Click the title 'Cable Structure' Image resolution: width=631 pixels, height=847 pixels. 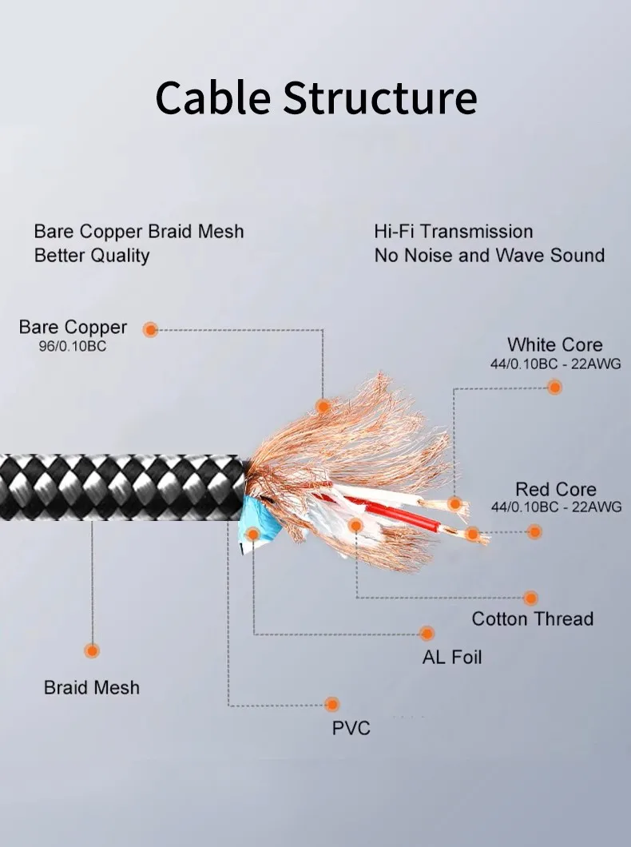[x=315, y=98]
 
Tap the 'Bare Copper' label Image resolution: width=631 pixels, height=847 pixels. [x=73, y=327]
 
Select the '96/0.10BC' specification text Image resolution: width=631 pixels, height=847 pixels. [x=73, y=347]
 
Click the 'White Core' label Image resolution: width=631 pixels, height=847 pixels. [x=554, y=345]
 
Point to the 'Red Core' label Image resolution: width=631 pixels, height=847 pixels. [x=555, y=489]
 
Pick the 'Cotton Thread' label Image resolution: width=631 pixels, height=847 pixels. [x=532, y=618]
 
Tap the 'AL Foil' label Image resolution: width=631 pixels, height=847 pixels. [x=451, y=658]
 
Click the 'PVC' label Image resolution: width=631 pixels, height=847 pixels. [x=351, y=728]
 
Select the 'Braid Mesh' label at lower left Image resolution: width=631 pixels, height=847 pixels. [x=91, y=687]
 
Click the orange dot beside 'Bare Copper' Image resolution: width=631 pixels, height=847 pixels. [x=150, y=329]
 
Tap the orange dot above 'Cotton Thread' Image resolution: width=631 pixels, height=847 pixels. [x=530, y=598]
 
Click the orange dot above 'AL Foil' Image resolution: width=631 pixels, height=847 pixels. [x=427, y=634]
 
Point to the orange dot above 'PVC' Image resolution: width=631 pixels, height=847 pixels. [x=331, y=704]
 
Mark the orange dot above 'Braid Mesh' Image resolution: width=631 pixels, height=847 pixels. [x=92, y=650]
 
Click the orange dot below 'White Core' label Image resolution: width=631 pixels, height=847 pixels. [x=554, y=387]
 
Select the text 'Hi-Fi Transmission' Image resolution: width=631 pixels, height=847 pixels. [x=453, y=232]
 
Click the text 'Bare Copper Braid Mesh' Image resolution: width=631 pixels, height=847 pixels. [x=139, y=232]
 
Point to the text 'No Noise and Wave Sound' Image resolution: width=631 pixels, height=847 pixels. [x=489, y=256]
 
